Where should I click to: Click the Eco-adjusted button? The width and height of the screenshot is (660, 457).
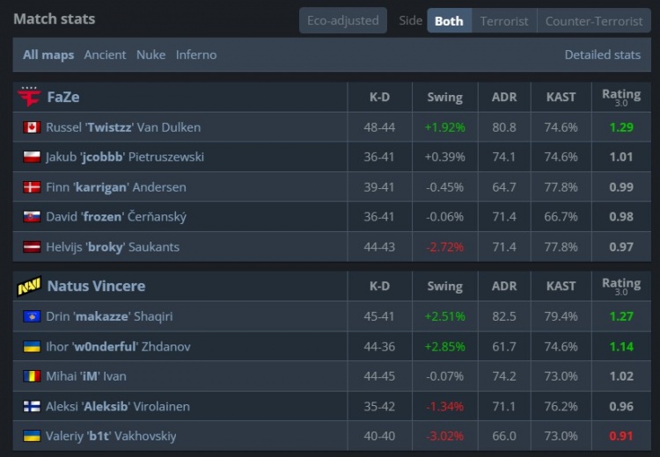click(342, 20)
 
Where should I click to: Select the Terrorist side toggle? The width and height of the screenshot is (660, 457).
click(504, 21)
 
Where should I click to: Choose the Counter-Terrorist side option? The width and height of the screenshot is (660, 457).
click(594, 21)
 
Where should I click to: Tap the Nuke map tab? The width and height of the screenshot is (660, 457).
click(150, 54)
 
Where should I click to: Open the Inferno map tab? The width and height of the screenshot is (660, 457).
click(196, 54)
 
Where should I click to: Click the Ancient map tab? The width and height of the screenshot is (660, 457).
click(105, 54)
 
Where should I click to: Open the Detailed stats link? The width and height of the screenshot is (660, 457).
click(602, 54)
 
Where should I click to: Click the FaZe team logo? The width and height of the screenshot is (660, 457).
click(29, 97)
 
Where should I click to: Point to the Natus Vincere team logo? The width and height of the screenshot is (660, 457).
click(29, 287)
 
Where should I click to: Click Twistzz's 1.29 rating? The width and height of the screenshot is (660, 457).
click(620, 127)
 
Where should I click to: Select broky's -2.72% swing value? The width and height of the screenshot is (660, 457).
click(444, 247)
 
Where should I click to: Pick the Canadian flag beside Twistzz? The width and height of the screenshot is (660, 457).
click(32, 127)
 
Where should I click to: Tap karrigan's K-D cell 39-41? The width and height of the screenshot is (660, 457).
click(379, 187)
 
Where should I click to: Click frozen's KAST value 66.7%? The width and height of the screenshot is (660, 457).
click(561, 217)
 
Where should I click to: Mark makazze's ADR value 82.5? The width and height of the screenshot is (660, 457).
click(504, 316)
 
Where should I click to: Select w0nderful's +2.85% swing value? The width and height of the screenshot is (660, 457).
click(444, 346)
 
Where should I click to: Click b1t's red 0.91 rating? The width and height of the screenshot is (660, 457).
click(620, 436)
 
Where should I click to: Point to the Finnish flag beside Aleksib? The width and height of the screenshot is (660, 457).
click(32, 406)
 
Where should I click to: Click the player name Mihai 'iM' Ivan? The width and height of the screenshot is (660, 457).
click(86, 376)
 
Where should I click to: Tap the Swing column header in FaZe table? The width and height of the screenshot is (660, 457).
click(444, 97)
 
